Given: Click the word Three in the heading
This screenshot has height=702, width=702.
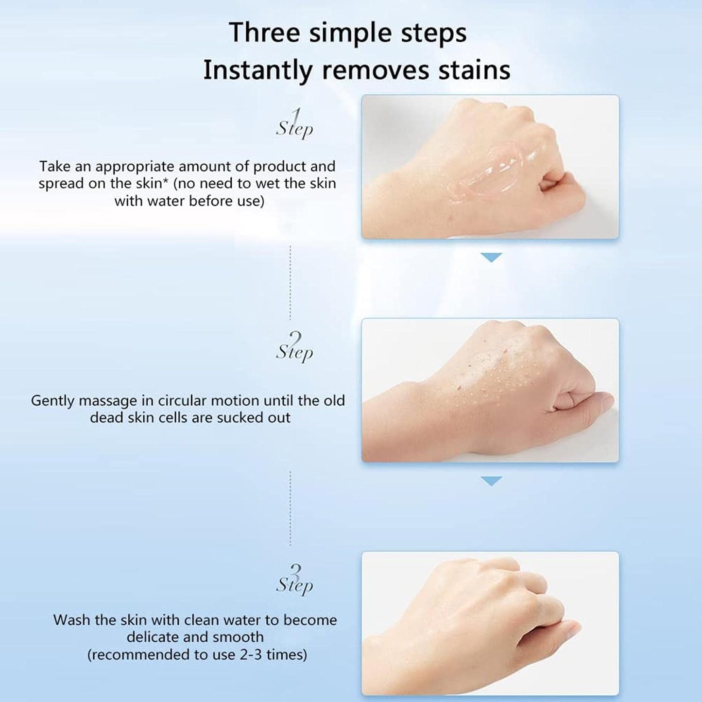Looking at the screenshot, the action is coord(265,33).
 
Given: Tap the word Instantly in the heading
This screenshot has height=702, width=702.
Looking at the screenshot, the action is coord(257,70).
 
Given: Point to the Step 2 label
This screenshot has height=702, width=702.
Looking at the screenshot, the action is coord(294,347).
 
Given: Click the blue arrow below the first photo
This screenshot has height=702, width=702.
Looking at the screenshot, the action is coord(491,257).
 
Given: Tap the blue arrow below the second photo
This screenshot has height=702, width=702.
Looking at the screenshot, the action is coord(491,481).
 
